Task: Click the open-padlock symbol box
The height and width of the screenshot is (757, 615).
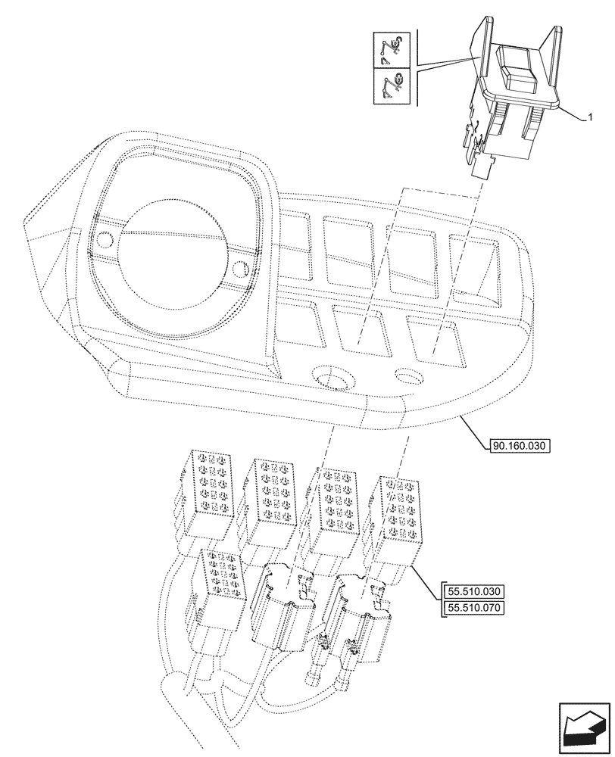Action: point(393,49)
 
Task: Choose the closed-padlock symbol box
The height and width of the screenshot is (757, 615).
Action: point(393,86)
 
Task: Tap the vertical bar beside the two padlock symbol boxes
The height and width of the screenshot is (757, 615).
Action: point(414,67)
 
